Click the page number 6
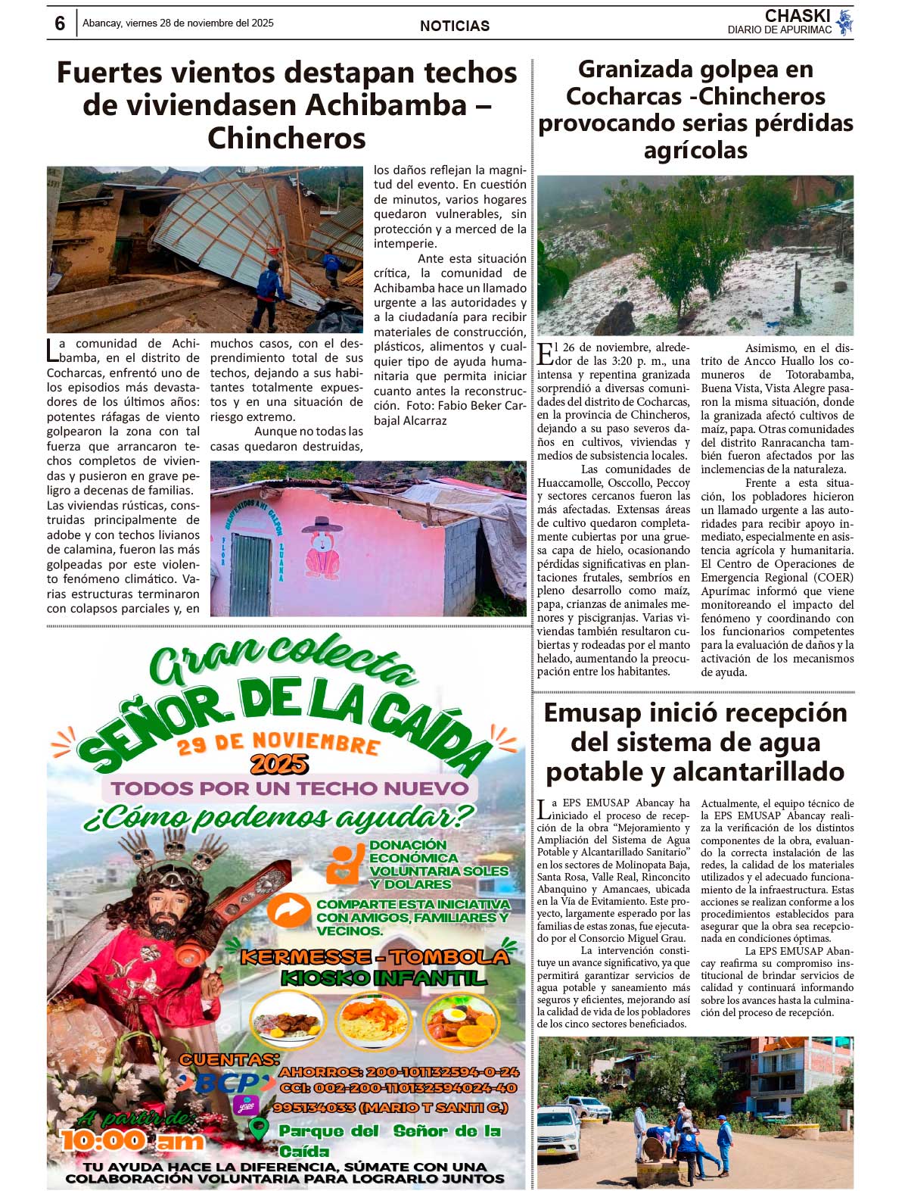click(60, 23)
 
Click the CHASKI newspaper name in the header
click(797, 16)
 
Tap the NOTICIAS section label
click(454, 26)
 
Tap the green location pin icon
click(259, 1130)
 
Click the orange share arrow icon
click(288, 912)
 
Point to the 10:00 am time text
click(132, 1140)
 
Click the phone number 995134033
click(315, 1107)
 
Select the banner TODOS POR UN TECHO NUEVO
click(290, 787)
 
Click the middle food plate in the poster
click(373, 1020)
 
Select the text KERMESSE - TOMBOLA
click(374, 956)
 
